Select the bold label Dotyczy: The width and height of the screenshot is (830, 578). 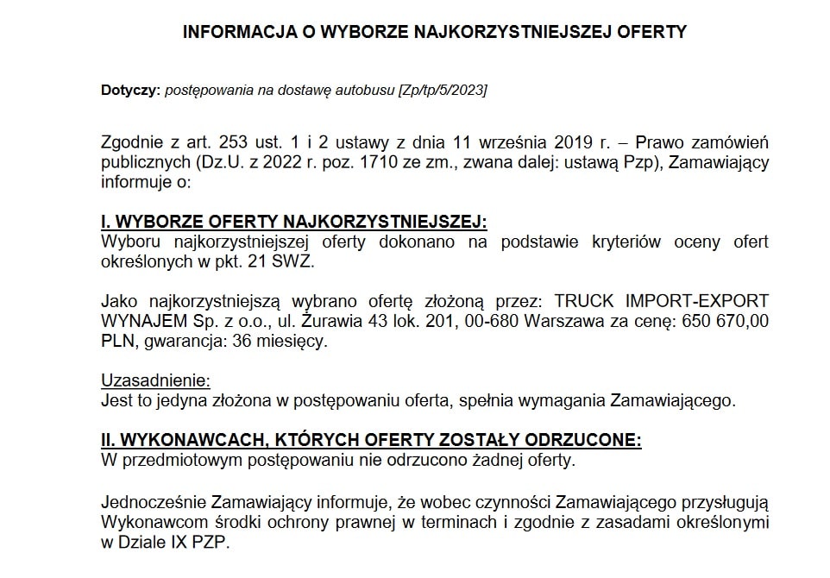[130, 90]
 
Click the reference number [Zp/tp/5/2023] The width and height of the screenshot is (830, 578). [442, 90]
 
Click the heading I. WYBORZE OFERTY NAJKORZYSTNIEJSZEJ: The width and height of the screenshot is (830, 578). [294, 221]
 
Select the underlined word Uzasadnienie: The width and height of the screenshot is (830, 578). [155, 380]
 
